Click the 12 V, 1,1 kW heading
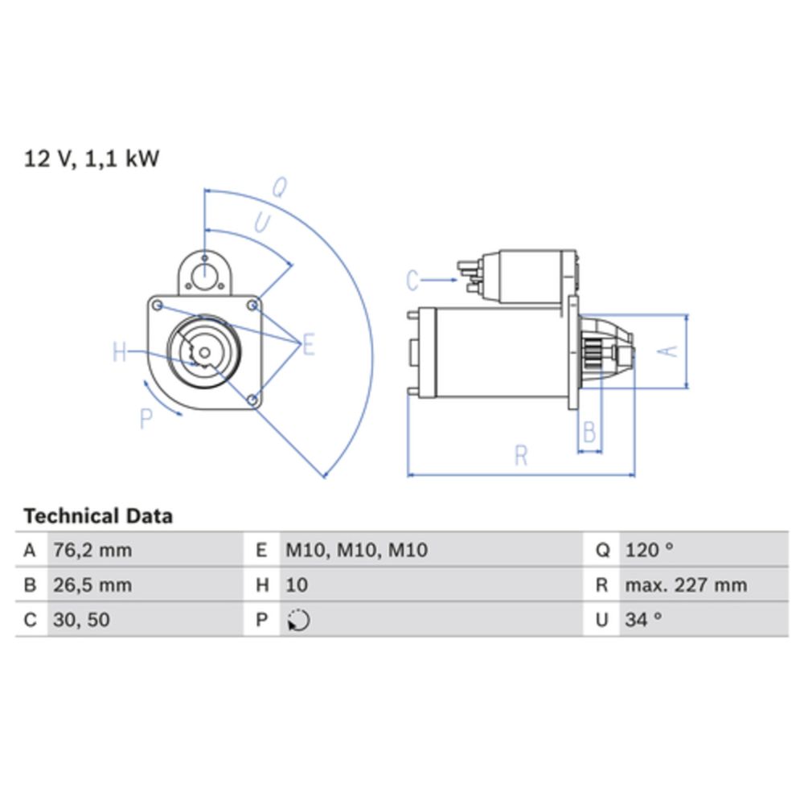tap(92, 158)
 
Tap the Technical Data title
tap(97, 515)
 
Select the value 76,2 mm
tap(92, 551)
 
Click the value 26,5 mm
tap(92, 585)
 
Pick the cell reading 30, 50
tap(81, 620)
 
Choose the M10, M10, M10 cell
tap(357, 551)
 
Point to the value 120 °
tap(649, 551)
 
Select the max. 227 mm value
tap(685, 585)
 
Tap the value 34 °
tap(643, 620)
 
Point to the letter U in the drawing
tap(261, 223)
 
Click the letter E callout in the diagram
tap(308, 347)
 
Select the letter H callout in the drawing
tap(120, 352)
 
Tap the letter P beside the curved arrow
tap(146, 418)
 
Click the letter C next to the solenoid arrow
tap(412, 281)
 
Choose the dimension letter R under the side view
tap(521, 456)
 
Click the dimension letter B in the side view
tap(589, 432)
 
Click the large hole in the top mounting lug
tap(205, 277)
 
